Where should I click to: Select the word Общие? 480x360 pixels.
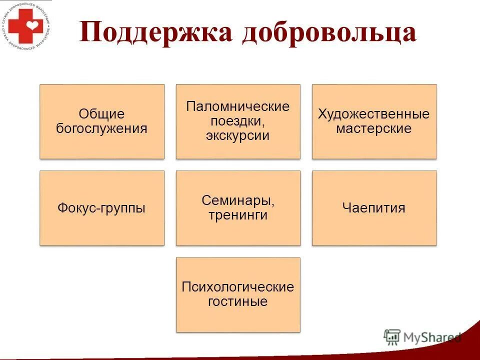point(101,114)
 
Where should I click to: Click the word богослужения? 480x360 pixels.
point(101,128)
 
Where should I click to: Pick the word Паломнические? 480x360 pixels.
point(237,107)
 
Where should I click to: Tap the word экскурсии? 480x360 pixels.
point(237,135)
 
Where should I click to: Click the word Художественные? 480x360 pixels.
point(374,114)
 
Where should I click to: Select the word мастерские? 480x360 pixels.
point(374,128)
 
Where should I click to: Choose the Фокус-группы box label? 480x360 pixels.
point(101,208)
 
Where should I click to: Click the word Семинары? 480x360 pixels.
point(237,201)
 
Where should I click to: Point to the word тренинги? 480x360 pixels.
point(237,215)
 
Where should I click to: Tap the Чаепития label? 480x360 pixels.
point(374,208)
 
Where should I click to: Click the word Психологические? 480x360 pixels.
point(237,287)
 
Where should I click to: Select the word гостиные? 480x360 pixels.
point(237,301)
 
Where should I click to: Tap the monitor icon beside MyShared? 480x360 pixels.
point(392,337)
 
